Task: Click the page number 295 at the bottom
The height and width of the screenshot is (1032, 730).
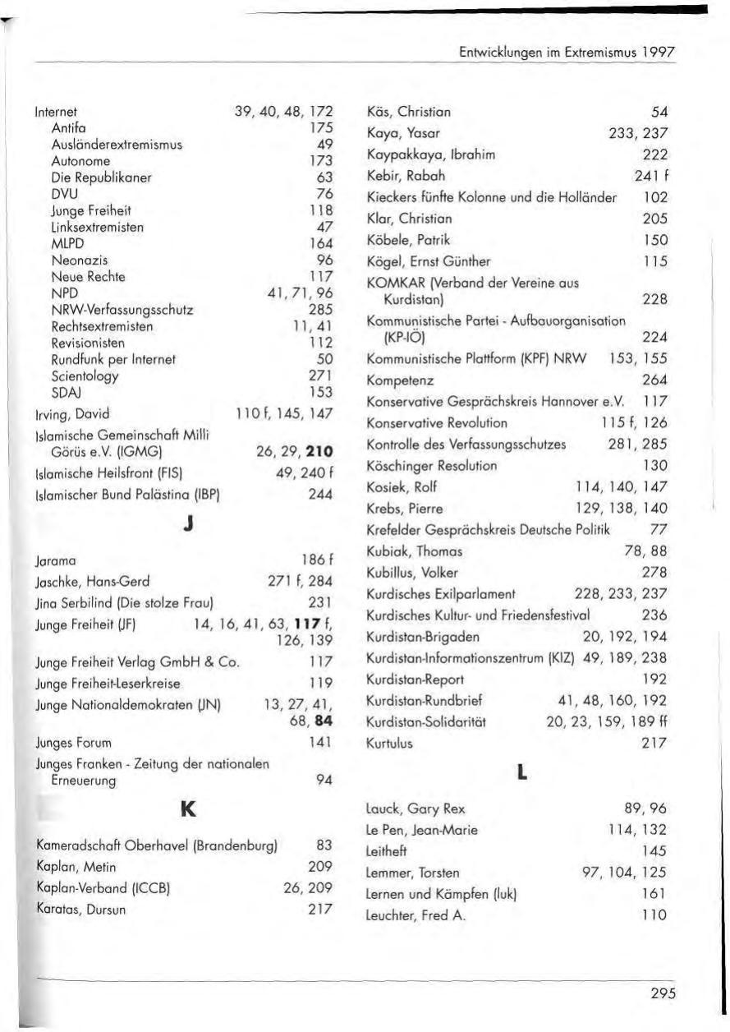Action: click(662, 993)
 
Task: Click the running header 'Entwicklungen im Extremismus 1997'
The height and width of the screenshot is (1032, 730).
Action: click(567, 51)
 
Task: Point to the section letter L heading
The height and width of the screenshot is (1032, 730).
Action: click(520, 773)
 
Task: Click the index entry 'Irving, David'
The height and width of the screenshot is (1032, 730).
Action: click(72, 414)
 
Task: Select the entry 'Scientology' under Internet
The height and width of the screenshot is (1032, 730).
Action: click(85, 376)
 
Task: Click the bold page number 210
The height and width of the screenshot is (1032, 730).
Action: click(319, 451)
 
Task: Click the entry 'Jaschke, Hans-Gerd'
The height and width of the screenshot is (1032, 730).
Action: click(92, 582)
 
